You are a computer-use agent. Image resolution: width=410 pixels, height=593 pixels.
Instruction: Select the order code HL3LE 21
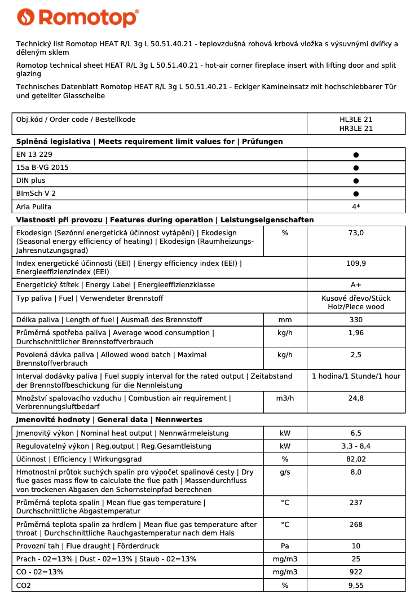[x=356, y=120]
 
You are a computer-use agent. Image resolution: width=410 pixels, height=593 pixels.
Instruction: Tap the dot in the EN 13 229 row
[x=356, y=155]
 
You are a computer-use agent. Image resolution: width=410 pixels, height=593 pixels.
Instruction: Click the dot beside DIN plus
[x=356, y=181]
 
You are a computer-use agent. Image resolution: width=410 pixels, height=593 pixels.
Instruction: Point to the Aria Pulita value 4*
[x=356, y=207]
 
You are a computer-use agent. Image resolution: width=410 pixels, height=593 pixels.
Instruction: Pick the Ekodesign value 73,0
[x=356, y=232]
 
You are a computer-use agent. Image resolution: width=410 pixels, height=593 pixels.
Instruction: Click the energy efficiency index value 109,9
[x=356, y=263]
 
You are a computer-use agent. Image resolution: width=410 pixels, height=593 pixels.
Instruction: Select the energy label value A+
[x=356, y=285]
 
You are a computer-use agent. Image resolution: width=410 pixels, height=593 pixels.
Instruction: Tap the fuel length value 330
[x=356, y=320]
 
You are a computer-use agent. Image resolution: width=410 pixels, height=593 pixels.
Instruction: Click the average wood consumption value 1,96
[x=356, y=333]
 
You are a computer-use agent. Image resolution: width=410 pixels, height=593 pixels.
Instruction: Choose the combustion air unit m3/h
[x=285, y=398]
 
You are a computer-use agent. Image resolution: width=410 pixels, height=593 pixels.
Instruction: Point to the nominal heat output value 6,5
[x=356, y=433]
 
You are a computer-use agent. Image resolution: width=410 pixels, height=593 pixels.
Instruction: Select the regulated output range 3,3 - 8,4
[x=356, y=446]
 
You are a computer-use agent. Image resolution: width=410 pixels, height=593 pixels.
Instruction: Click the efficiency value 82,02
[x=356, y=459]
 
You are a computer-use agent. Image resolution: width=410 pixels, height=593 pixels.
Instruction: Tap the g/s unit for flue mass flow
[x=285, y=472]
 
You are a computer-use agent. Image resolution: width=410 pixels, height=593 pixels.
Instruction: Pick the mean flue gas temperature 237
[x=356, y=503]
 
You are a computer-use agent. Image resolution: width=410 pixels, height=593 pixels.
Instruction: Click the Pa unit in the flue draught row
[x=285, y=546]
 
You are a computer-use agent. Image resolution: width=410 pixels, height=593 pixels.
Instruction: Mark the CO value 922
[x=356, y=572]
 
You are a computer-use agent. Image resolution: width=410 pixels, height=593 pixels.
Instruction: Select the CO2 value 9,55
[x=356, y=586]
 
